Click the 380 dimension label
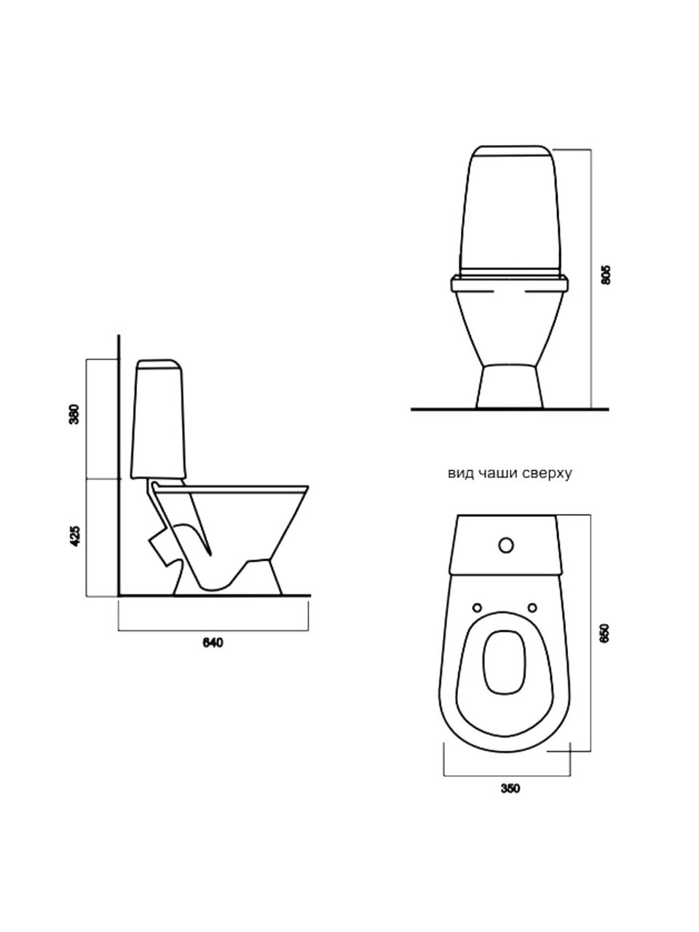click(x=75, y=414)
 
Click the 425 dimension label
click(x=75, y=537)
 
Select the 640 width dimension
click(x=213, y=643)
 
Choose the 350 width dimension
click(x=510, y=789)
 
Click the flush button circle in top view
click(x=506, y=545)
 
